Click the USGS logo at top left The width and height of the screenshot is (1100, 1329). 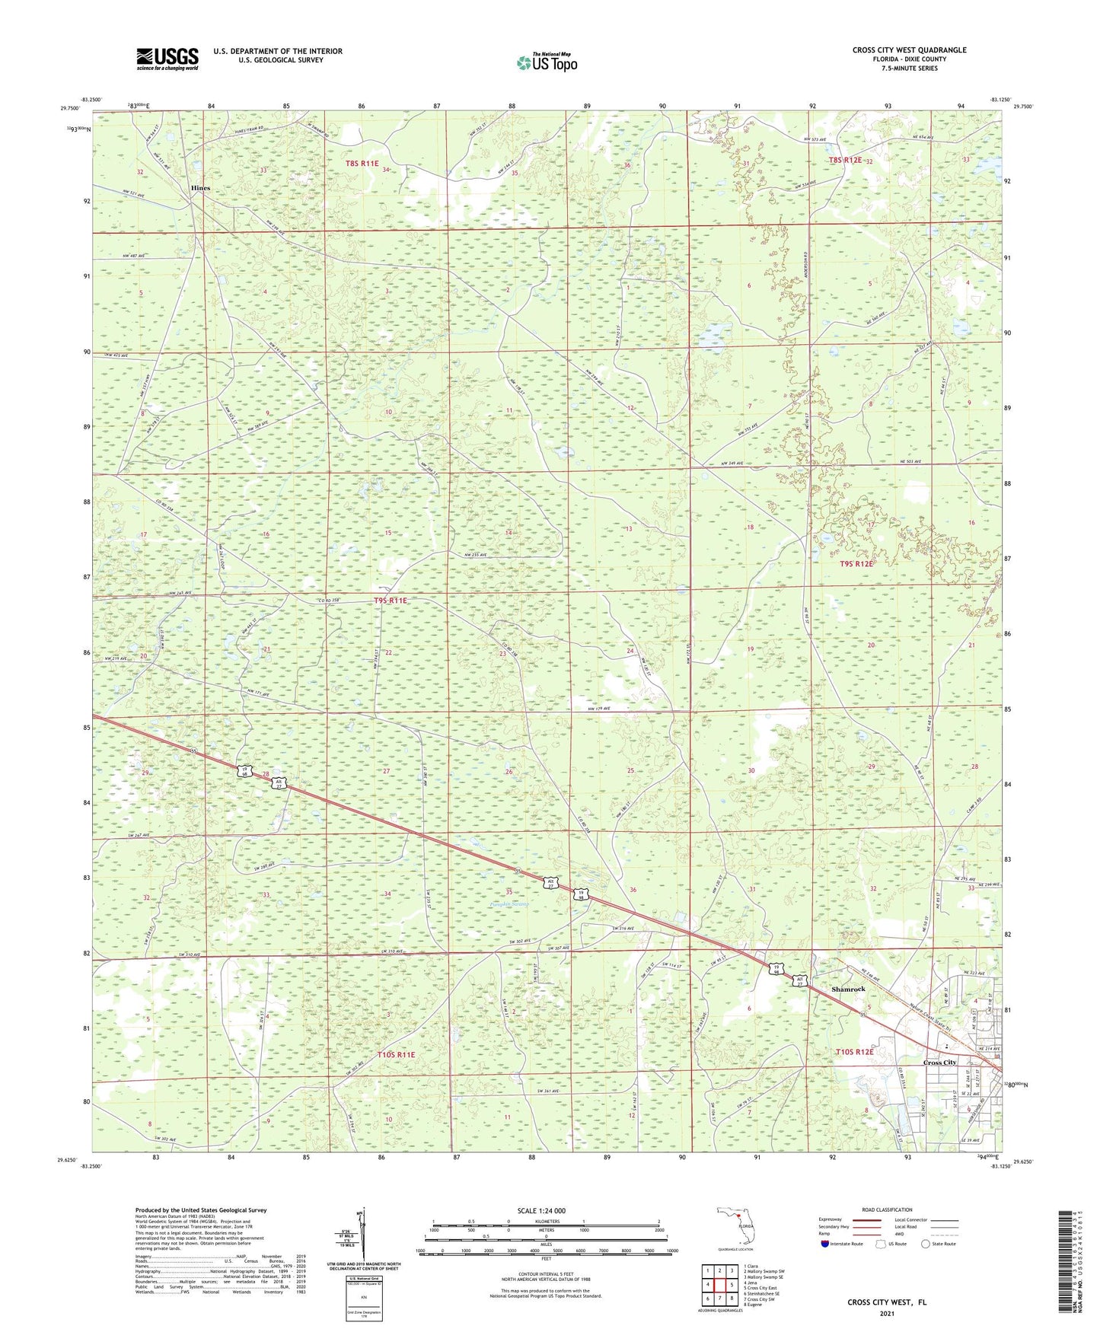pyautogui.click(x=167, y=59)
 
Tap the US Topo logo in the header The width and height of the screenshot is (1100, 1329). pyautogui.click(x=547, y=62)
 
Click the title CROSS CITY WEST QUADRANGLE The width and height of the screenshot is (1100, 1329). pyautogui.click(x=909, y=50)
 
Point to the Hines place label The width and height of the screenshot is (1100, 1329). pyautogui.click(x=201, y=188)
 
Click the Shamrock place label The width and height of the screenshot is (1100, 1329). pyautogui.click(x=848, y=989)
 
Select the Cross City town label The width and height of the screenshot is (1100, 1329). pyautogui.click(x=939, y=1063)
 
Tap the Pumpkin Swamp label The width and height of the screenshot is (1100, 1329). pyautogui.click(x=509, y=904)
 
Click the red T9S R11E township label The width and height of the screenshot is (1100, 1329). pyautogui.click(x=391, y=601)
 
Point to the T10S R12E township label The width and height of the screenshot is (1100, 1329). pyautogui.click(x=854, y=1052)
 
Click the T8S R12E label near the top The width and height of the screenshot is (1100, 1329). pyautogui.click(x=845, y=161)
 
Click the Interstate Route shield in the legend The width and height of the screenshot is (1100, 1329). pyautogui.click(x=824, y=1244)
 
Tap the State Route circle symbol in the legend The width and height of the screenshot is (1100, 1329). pyautogui.click(x=925, y=1244)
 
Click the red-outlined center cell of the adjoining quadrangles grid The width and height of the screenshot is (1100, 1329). pyautogui.click(x=719, y=1285)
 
